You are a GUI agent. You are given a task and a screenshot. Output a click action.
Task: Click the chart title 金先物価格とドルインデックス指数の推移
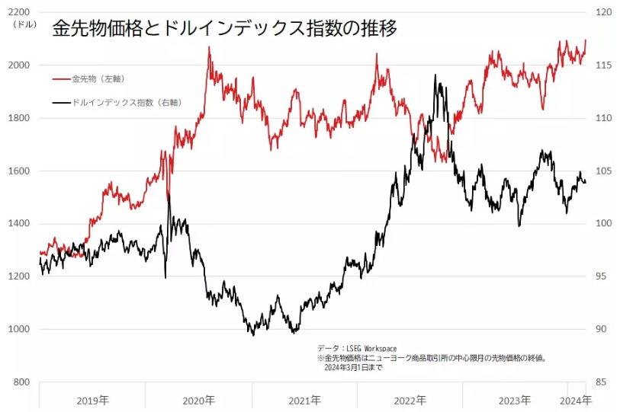(x=224, y=29)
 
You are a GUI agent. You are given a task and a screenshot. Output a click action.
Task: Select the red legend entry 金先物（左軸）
(x=97, y=78)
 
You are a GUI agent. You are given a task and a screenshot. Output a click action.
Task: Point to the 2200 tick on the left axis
(x=20, y=12)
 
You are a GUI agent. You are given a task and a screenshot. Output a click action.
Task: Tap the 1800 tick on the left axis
(x=20, y=118)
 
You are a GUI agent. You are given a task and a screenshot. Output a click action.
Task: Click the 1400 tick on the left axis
(x=20, y=224)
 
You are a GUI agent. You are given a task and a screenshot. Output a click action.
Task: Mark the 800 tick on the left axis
(x=22, y=382)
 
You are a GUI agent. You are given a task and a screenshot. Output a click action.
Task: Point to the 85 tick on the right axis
(x=602, y=382)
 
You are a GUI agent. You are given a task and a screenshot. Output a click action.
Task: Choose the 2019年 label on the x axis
(x=92, y=400)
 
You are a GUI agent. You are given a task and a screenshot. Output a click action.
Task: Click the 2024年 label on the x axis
(x=575, y=400)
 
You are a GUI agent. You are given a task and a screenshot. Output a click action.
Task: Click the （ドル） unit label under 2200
(x=24, y=24)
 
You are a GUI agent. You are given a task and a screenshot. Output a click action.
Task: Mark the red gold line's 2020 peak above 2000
(x=209, y=47)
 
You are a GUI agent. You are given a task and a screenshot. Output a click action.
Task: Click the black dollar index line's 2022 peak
(x=435, y=75)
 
